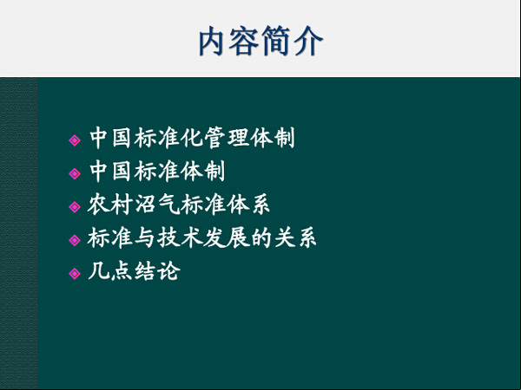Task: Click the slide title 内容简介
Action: point(260,41)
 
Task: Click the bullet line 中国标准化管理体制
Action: point(192,138)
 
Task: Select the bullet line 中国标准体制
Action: point(157,171)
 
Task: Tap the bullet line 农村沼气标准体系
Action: point(178,205)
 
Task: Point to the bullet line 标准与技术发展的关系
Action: point(201,237)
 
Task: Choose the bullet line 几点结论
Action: point(134,271)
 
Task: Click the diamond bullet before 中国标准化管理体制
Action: point(75,140)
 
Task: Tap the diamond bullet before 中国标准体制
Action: point(75,173)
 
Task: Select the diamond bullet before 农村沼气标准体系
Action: point(75,207)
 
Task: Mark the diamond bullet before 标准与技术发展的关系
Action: point(75,240)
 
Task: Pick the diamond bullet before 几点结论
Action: point(75,274)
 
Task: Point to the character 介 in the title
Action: point(309,41)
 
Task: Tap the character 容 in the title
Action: point(243,41)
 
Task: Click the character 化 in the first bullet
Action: point(192,138)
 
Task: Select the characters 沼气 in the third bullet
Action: point(157,205)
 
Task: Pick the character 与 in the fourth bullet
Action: point(145,237)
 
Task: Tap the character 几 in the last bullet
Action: point(99,271)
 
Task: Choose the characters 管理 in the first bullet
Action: point(227,138)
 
